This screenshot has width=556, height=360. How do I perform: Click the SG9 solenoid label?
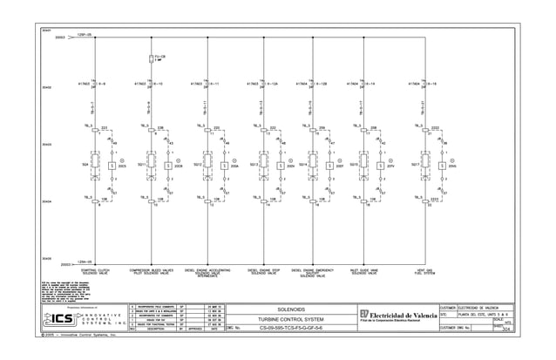pyautogui.click(x=85, y=164)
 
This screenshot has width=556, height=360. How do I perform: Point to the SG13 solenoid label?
pyautogui.click(x=254, y=164)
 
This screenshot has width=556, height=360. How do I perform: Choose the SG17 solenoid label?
pyautogui.click(x=416, y=164)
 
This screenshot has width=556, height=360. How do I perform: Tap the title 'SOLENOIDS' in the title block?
pyautogui.click(x=292, y=309)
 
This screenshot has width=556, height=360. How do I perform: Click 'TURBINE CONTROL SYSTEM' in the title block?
pyautogui.click(x=292, y=320)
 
